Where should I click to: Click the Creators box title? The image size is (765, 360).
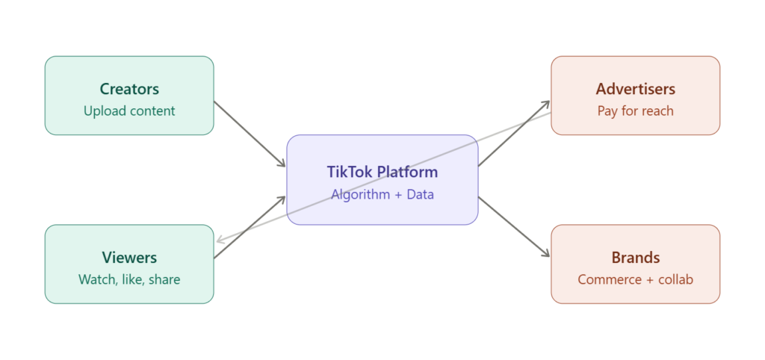point(129,89)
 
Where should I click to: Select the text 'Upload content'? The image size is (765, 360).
point(129,111)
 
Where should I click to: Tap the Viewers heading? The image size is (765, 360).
point(129,258)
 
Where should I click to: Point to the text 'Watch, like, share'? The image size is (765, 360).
point(129,280)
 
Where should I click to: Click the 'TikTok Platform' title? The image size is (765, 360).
point(382,172)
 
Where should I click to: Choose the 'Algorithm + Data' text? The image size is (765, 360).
point(382,195)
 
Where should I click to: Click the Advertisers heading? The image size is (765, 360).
point(635,89)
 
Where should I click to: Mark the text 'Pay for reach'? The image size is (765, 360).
point(635,111)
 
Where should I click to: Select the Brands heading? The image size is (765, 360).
point(635,258)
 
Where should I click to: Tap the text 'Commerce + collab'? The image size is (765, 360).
point(635,280)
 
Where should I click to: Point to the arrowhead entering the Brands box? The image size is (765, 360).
point(545,254)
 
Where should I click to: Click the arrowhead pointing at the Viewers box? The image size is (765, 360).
point(220,241)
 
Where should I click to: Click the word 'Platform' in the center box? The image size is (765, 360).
point(407,172)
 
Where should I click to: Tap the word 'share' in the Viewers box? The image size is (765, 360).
point(164,280)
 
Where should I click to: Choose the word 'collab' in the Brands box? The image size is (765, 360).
point(675,280)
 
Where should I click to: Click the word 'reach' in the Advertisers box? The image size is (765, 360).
point(657,111)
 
